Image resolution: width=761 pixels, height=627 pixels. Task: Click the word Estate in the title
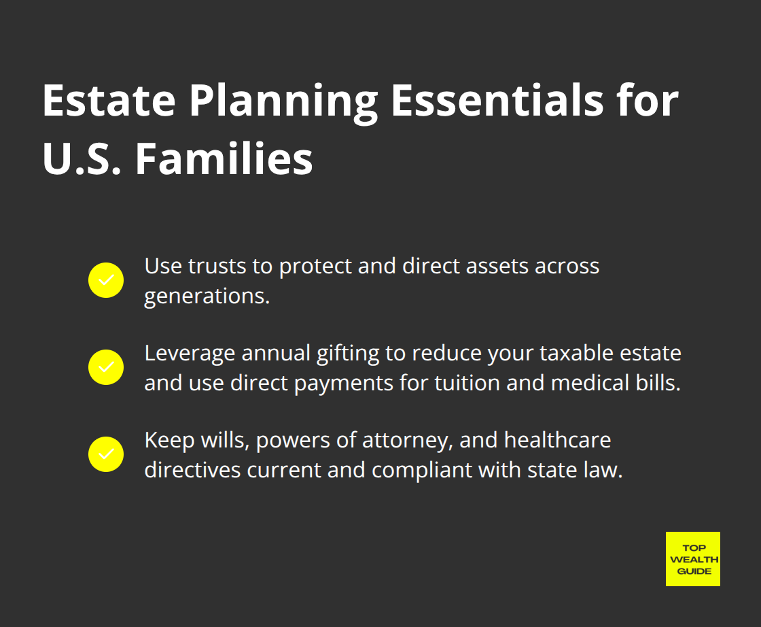(x=109, y=102)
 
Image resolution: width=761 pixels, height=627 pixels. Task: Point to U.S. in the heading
(x=82, y=159)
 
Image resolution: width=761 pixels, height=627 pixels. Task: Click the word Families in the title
(x=224, y=159)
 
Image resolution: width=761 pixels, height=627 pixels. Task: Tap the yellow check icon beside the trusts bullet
(x=106, y=280)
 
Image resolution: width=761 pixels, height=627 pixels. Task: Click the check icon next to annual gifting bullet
(x=106, y=367)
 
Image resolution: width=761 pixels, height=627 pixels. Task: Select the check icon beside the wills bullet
(x=106, y=454)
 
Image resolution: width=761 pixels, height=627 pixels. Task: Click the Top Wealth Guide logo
(x=692, y=559)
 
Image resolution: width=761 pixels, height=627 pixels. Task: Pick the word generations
(x=207, y=296)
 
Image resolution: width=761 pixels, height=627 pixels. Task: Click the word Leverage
(x=190, y=353)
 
